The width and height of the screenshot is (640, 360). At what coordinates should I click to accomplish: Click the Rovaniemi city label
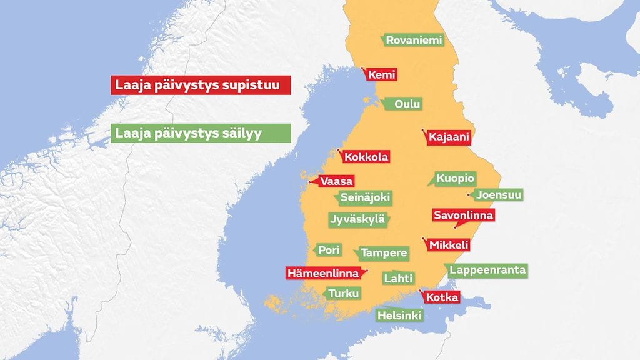click(x=414, y=41)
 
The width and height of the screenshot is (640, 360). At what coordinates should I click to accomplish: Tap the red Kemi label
click(x=381, y=75)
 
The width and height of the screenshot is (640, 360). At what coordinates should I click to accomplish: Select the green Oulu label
click(x=407, y=104)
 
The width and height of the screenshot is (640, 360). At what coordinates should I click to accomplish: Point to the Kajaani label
click(x=449, y=137)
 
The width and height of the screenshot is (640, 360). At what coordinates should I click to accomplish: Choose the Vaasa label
click(x=336, y=181)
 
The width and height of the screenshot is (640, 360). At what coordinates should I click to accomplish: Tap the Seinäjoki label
click(x=365, y=198)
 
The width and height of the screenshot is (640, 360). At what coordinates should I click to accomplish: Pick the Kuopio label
click(x=455, y=178)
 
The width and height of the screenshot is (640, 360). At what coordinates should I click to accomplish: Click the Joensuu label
click(x=498, y=194)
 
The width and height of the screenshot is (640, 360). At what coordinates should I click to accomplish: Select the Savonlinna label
click(x=464, y=215)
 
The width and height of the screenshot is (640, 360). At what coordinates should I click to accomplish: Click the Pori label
click(x=329, y=250)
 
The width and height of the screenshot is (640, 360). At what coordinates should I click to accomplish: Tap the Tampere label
click(x=384, y=254)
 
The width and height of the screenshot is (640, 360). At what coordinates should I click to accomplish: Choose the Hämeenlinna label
click(x=323, y=273)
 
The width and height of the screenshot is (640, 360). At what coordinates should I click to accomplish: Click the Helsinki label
click(x=399, y=316)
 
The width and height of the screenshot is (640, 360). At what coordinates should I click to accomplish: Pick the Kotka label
click(x=442, y=297)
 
